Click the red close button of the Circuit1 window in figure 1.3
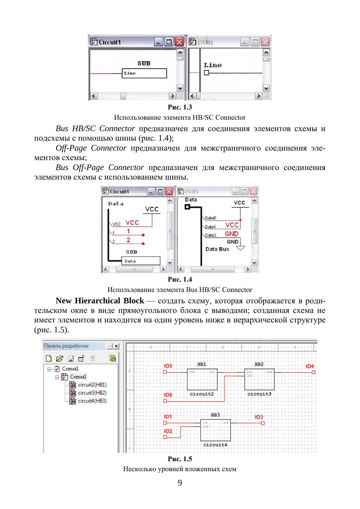click(x=179, y=42)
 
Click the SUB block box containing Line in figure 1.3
click(x=144, y=73)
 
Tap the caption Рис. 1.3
click(x=180, y=107)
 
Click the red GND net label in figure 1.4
click(x=232, y=234)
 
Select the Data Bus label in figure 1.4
click(x=217, y=249)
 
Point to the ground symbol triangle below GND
click(x=240, y=248)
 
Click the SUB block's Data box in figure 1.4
click(x=141, y=261)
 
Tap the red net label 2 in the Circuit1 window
click(x=129, y=240)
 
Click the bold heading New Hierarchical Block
click(x=100, y=301)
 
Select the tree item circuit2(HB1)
click(x=92, y=385)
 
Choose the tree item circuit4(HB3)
click(x=92, y=401)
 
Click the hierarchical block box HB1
click(x=202, y=379)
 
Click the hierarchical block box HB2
click(x=259, y=379)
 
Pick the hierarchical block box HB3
click(x=216, y=430)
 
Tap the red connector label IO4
click(x=310, y=366)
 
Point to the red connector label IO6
click(x=168, y=395)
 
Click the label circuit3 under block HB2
click(x=259, y=394)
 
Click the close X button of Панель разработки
click(x=116, y=346)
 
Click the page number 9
click(x=180, y=483)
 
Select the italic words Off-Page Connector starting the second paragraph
click(x=91, y=148)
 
